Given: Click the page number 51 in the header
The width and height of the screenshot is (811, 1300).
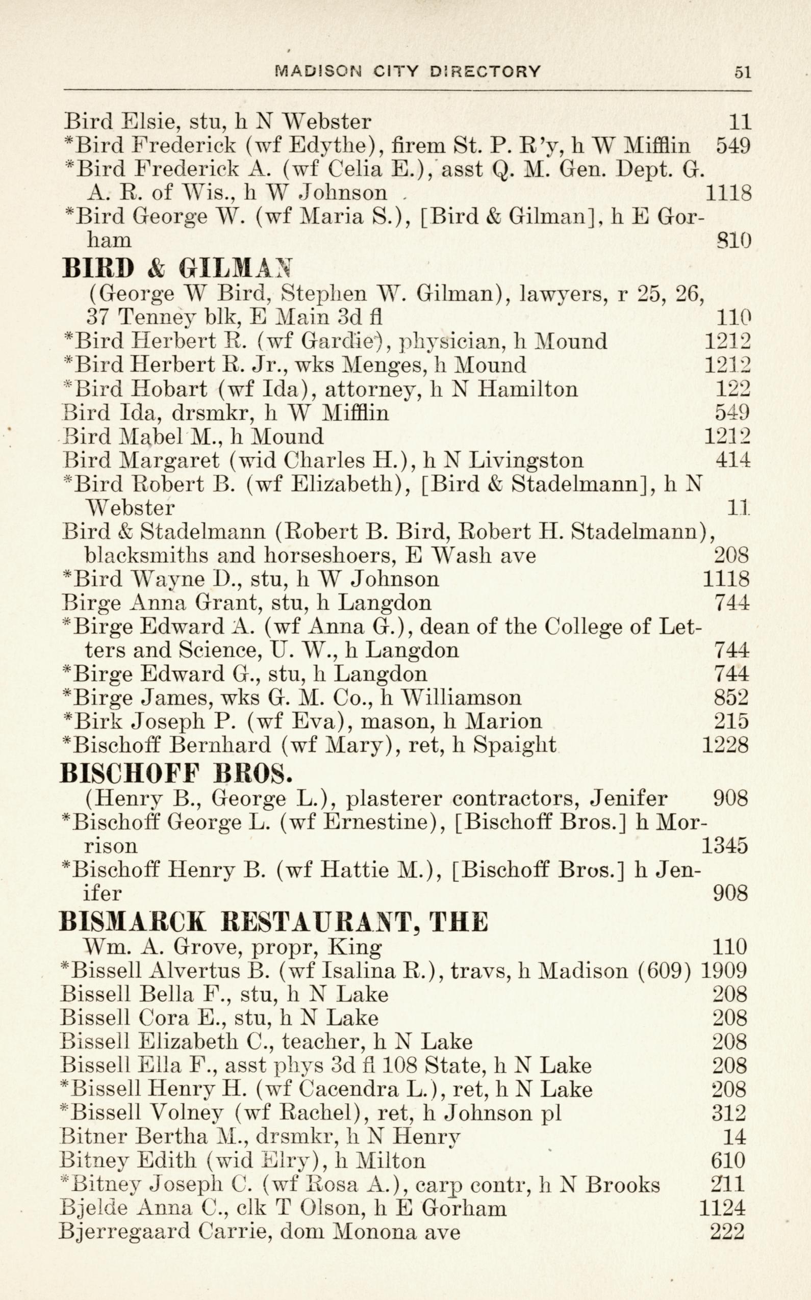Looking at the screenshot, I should tap(742, 72).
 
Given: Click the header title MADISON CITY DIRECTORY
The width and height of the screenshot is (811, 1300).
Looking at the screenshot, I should tap(407, 71).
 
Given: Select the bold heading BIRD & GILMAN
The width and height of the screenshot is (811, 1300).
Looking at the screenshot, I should tap(178, 268).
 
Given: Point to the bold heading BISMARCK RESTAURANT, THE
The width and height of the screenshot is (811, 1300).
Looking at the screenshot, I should tap(274, 922).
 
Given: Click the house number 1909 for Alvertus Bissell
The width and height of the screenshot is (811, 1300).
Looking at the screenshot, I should tap(724, 970).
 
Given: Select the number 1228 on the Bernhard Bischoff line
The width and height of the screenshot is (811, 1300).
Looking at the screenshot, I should tap(725, 745).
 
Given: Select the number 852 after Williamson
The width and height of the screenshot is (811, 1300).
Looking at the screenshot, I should tap(731, 697).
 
